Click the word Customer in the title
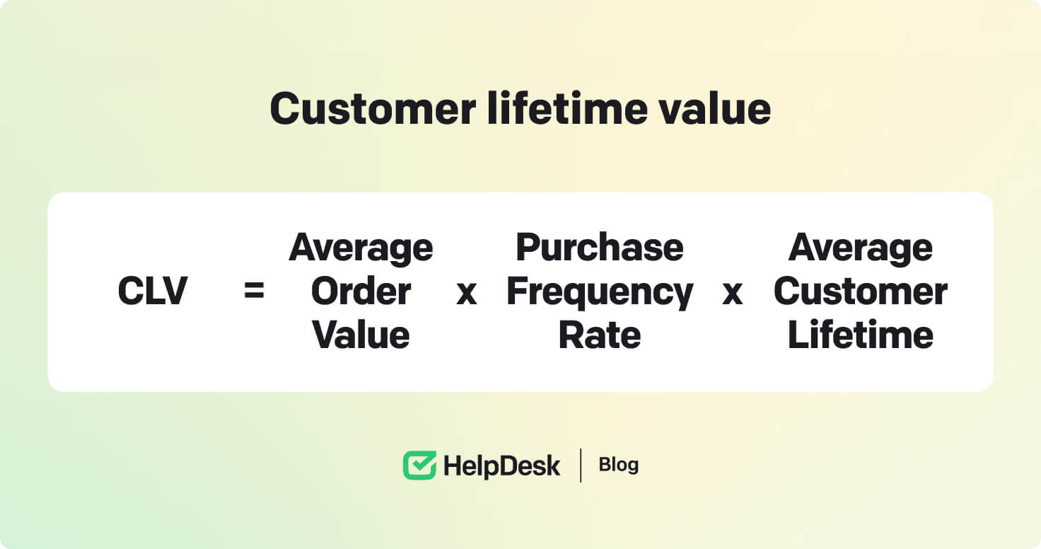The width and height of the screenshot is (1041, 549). [x=373, y=109]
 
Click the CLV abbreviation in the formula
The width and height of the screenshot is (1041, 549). [x=153, y=291]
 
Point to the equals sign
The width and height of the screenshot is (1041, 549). [x=254, y=291]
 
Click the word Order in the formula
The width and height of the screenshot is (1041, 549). [x=361, y=291]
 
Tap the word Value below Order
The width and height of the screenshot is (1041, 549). [x=361, y=335]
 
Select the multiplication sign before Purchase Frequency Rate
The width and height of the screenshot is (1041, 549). [x=467, y=293]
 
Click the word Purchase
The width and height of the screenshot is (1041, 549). [x=600, y=247]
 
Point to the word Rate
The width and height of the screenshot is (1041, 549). [x=600, y=335]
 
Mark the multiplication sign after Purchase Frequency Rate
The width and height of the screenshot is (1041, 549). [x=733, y=293]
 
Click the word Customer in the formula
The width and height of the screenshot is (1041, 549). [x=860, y=291]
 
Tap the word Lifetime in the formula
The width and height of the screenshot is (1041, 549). [x=860, y=335]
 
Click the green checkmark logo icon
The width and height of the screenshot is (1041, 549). [x=419, y=465]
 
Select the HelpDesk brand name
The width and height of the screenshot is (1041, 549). [x=502, y=466]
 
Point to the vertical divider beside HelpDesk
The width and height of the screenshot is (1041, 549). [x=581, y=466]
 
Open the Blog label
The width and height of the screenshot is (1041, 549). [x=619, y=465]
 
